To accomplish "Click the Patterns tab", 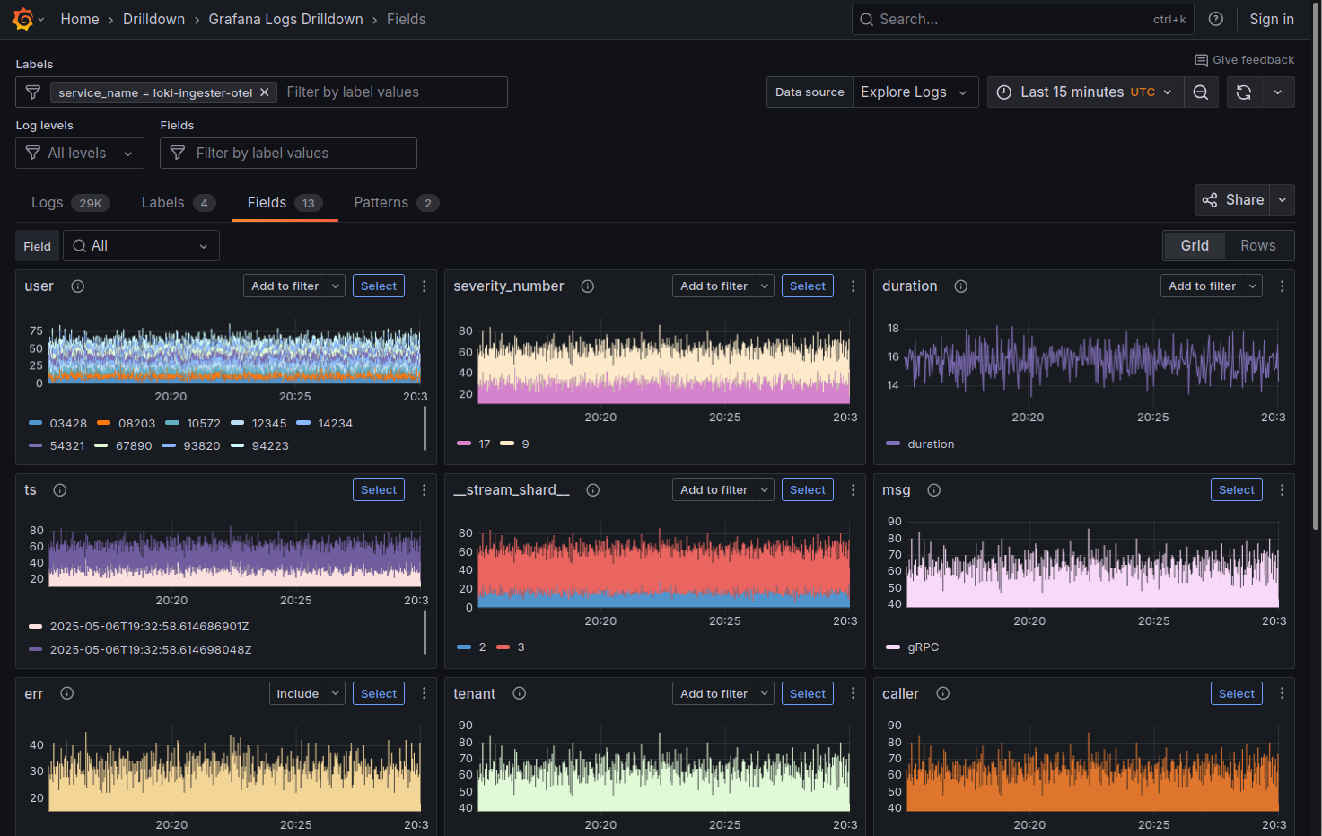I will tap(381, 203).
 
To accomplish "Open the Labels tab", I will tap(163, 203).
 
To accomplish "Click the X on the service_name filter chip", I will tap(265, 92).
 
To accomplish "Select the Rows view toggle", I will tap(1257, 245).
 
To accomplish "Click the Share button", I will tap(1234, 200).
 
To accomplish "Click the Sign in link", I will tap(1271, 19).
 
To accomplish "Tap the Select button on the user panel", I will tap(379, 286).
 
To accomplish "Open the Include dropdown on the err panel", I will tap(307, 693).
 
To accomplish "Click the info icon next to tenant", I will tap(519, 693).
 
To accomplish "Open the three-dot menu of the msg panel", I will tap(1282, 489).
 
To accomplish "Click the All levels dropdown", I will tap(80, 154).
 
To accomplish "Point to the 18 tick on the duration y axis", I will tap(893, 329).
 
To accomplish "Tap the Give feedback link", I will tap(1244, 60).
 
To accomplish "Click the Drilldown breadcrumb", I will tap(153, 19).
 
